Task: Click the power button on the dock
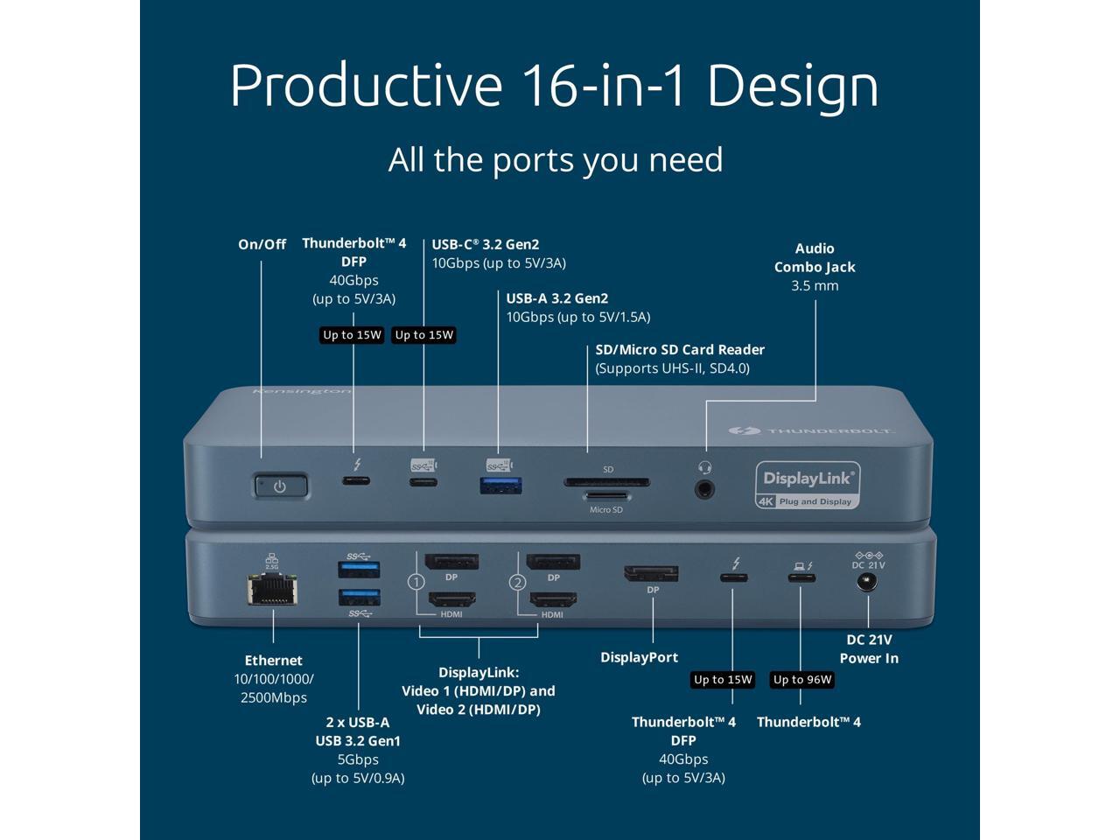[280, 486]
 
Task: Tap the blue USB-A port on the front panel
[501, 483]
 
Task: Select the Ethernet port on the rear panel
[272, 591]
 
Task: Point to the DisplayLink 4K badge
[807, 485]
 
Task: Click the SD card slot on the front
[606, 481]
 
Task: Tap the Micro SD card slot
[606, 497]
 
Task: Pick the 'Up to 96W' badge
[802, 680]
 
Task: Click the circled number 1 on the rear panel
[416, 582]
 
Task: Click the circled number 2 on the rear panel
[517, 582]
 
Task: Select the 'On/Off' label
[262, 244]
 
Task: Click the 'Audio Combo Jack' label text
[815, 258]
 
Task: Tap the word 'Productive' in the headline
[366, 86]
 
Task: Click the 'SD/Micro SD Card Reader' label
[680, 350]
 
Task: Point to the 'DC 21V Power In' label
[869, 649]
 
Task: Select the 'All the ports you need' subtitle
[556, 160]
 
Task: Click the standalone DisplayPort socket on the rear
[651, 573]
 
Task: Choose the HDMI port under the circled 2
[553, 600]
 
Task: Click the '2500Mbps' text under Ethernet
[274, 697]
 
